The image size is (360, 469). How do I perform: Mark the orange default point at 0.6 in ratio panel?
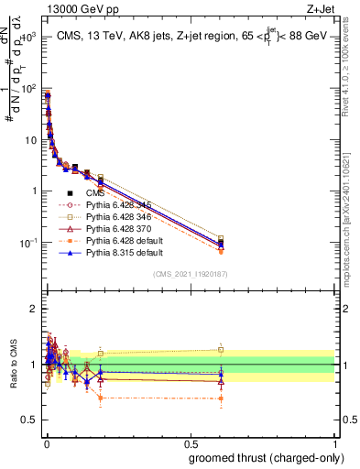tap(221, 398)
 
